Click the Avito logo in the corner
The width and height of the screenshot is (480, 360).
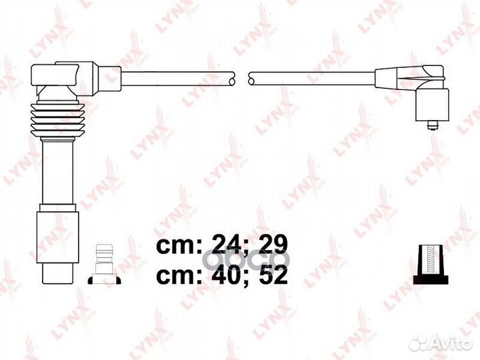[x=441, y=343]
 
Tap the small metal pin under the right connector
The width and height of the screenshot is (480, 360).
[x=432, y=125]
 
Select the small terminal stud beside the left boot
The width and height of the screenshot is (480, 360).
[x=105, y=264]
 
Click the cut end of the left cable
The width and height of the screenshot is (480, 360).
[x=232, y=78]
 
